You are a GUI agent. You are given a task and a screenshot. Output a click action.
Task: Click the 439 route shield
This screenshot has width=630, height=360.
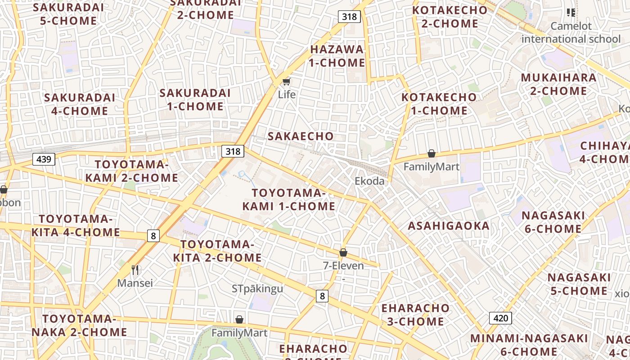tap(44, 159)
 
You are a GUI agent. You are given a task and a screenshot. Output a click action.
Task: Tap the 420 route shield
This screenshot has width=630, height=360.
tap(500, 318)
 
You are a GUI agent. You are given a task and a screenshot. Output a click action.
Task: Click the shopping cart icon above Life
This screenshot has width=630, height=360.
tap(286, 82)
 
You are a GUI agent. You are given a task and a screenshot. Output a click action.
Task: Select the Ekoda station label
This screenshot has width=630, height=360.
tap(369, 181)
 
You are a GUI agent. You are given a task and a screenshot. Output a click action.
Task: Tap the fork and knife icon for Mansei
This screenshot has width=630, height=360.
tap(135, 270)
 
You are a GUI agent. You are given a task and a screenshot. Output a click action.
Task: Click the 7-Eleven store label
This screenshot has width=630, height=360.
tap(343, 265)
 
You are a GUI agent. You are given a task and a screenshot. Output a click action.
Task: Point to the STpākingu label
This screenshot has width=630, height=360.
tap(257, 288)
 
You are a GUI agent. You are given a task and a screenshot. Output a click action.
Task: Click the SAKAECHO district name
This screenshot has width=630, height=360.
tap(301, 136)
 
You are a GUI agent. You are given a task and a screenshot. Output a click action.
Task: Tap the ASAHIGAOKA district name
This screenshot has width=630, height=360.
tap(448, 226)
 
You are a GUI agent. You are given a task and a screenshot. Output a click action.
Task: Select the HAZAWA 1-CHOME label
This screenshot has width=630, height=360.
tap(337, 56)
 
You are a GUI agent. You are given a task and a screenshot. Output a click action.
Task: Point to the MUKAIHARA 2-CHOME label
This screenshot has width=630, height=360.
tap(558, 84)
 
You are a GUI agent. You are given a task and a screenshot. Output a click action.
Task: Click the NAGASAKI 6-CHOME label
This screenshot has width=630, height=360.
tap(553, 222)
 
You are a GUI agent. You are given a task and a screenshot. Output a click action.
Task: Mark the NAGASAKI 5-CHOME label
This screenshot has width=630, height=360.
tap(580, 284)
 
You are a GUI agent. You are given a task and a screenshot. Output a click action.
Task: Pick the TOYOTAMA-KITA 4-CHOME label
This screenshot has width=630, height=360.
tap(76, 225)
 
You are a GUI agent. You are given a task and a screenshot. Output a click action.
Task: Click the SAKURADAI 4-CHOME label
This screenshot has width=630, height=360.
tap(80, 104)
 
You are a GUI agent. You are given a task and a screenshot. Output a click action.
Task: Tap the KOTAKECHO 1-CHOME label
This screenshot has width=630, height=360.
tap(439, 103)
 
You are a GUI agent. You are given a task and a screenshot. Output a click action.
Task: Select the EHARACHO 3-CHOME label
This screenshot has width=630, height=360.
tap(415, 315)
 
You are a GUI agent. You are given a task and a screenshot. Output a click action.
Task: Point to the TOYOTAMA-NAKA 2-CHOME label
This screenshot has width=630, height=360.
tap(79, 325)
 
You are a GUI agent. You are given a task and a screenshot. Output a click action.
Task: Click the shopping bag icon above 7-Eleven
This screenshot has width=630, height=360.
tap(343, 252)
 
